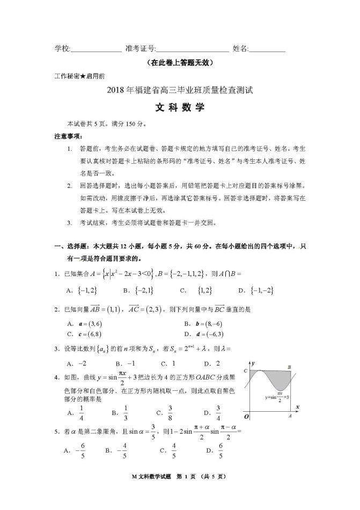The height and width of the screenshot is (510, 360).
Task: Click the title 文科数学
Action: pos(179,107)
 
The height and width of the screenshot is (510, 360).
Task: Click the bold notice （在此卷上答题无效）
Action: pos(180,63)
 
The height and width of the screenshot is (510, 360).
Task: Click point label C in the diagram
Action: pos(245,370)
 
